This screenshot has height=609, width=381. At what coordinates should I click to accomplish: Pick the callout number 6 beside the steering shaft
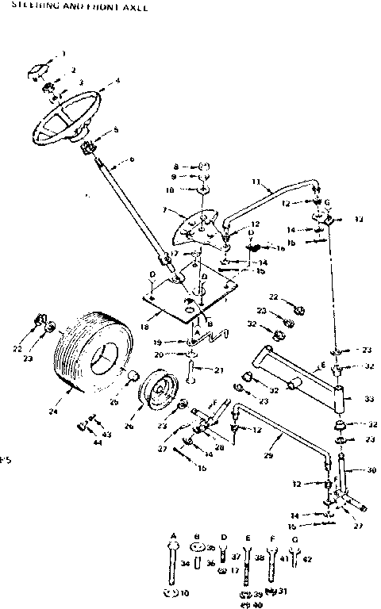(x=132, y=160)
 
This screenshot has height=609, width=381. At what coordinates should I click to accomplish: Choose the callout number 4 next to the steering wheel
(x=117, y=80)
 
